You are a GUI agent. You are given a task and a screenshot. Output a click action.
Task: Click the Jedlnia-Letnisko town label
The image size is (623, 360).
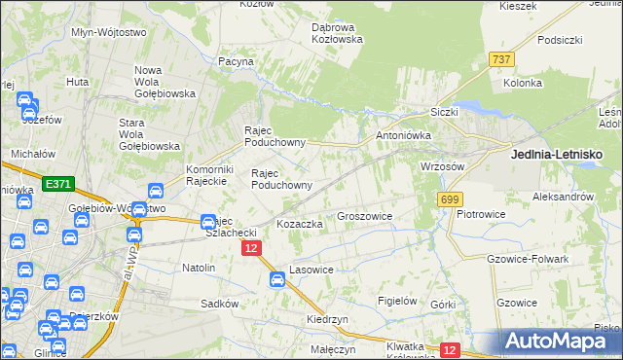tap(556, 154)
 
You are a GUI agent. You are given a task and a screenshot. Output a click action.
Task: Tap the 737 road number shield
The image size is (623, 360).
tap(502, 59)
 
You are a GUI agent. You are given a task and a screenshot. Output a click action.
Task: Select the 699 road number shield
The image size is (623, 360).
tap(449, 199)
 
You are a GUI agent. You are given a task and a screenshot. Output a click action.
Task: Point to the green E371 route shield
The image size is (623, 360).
tap(55, 182)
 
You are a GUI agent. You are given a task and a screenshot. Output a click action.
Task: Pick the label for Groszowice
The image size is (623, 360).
tap(364, 216)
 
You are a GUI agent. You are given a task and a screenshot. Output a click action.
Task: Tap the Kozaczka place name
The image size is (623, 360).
tap(300, 224)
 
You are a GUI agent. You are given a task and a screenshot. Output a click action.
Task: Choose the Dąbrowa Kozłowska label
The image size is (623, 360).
tap(337, 33)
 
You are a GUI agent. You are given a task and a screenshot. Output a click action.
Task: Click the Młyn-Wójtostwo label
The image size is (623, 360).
tap(109, 32)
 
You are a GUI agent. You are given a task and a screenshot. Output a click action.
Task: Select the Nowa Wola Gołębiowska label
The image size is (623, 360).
tap(165, 82)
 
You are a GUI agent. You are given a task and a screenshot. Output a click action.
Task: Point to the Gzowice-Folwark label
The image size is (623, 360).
tap(527, 259)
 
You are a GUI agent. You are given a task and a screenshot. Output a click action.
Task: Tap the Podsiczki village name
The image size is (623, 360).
tap(559, 40)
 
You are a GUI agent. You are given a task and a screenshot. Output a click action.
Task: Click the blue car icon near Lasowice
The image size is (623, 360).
tap(276, 280)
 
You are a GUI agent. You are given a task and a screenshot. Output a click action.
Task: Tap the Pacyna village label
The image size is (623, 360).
tap(237, 61)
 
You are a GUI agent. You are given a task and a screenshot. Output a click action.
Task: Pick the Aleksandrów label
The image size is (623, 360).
tap(563, 196)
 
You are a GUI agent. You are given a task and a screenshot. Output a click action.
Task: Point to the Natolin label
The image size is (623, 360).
tap(199, 266)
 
